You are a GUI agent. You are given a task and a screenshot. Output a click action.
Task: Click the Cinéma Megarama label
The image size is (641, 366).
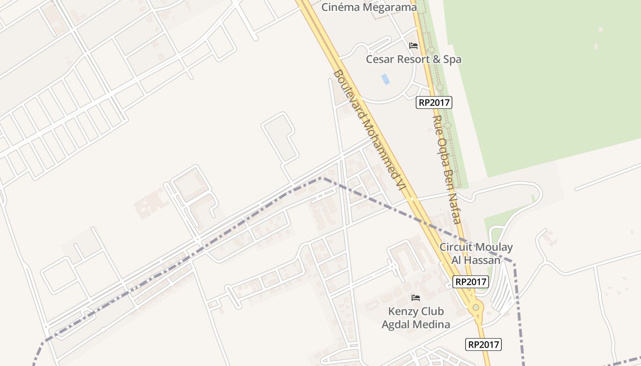click(369, 7)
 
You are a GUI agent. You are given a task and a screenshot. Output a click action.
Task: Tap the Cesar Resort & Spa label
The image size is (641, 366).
click(413, 59)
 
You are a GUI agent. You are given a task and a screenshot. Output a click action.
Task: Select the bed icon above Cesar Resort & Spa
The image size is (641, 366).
click(413, 46)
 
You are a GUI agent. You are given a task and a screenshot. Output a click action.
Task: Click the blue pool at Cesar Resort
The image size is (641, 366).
click(386, 79)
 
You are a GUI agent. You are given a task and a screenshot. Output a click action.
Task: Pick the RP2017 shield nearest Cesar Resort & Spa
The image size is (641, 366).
click(434, 102)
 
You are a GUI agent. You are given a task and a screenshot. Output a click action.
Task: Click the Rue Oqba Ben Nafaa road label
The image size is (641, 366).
click(446, 169)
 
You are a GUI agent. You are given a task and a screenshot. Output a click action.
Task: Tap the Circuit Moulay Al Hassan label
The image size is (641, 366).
click(476, 253)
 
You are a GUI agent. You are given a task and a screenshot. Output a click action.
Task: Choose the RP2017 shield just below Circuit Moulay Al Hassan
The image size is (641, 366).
click(471, 282)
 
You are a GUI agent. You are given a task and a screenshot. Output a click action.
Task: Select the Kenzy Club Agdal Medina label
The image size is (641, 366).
click(416, 318)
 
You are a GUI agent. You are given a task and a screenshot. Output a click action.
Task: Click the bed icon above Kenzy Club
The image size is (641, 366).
click(416, 298)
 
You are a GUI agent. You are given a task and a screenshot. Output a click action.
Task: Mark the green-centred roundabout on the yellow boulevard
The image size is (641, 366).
click(476, 307)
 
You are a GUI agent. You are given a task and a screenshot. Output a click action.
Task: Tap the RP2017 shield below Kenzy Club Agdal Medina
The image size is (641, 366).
click(483, 344)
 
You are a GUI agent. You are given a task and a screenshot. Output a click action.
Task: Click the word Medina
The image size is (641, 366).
click(432, 325)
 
